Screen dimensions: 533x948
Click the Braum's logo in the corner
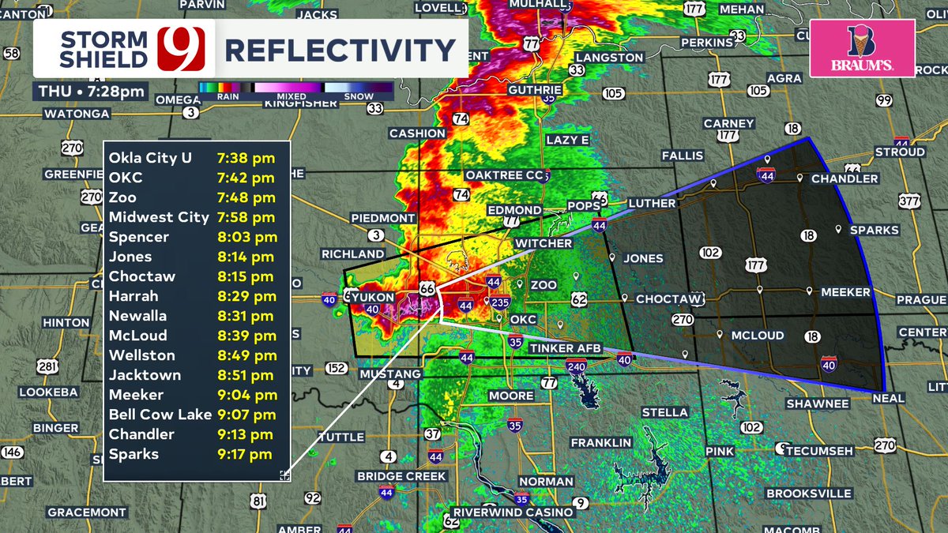tap(862, 48)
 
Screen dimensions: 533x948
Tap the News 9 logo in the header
tap(182, 49)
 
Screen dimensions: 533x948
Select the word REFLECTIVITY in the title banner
tap(340, 51)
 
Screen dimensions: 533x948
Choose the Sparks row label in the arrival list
tap(134, 454)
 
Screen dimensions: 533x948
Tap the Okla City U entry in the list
tap(150, 158)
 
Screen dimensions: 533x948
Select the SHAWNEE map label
tap(817, 404)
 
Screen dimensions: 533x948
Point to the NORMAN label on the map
tap(547, 481)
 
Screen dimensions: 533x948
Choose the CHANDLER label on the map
tap(845, 179)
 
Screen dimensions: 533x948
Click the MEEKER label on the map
tap(845, 292)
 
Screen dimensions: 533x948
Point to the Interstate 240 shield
tap(575, 366)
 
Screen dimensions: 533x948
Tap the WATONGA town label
tap(77, 114)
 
